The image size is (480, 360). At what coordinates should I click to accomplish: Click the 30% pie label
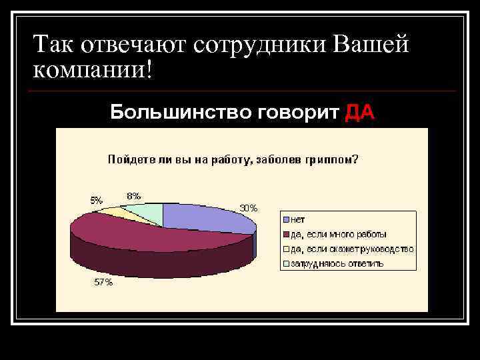(x=249, y=208)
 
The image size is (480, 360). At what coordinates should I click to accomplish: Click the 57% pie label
(x=103, y=282)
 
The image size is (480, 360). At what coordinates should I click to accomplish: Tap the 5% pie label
(x=97, y=199)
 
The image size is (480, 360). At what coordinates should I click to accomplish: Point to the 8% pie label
(x=133, y=196)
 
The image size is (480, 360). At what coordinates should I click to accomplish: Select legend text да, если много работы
(x=338, y=234)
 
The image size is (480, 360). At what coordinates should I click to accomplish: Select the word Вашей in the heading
(x=370, y=45)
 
